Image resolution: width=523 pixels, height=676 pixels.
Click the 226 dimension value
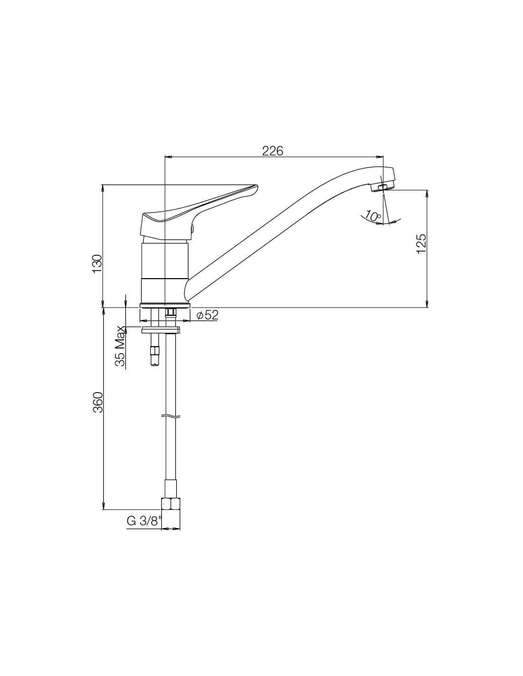point(273,151)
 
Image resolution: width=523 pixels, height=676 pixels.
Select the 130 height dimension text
point(97,264)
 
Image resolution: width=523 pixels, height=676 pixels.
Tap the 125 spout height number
point(421,243)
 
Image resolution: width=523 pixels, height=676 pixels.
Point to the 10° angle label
point(373,215)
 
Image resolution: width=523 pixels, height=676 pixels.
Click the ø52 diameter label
point(207,315)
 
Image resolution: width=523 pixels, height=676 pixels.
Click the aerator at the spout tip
point(382,188)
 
